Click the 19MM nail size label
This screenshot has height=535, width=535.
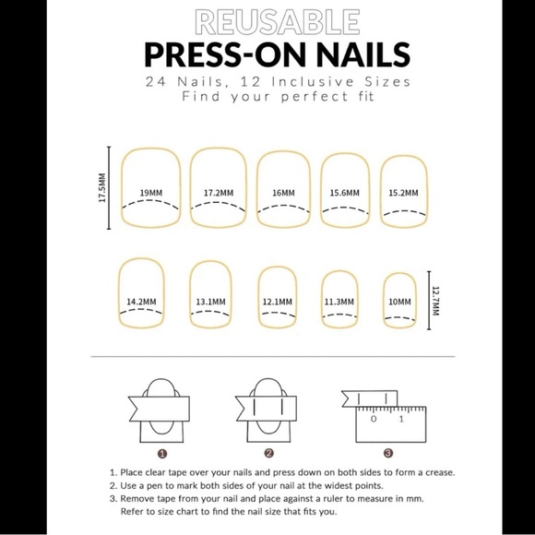[x=152, y=192]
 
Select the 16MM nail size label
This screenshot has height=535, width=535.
[x=283, y=193]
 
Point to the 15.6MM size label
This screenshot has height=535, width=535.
[x=344, y=193]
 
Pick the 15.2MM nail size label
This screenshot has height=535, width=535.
[x=403, y=193]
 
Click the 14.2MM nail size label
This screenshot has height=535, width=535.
[x=141, y=301]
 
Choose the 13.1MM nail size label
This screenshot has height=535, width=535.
[x=209, y=301]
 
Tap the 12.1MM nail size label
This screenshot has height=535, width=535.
[x=277, y=301]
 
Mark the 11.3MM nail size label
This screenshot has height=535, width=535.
[x=339, y=301]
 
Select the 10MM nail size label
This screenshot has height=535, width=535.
[x=399, y=301]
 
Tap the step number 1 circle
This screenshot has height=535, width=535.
[x=161, y=453]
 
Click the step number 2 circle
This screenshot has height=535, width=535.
[x=269, y=453]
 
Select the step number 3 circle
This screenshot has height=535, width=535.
[x=388, y=453]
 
